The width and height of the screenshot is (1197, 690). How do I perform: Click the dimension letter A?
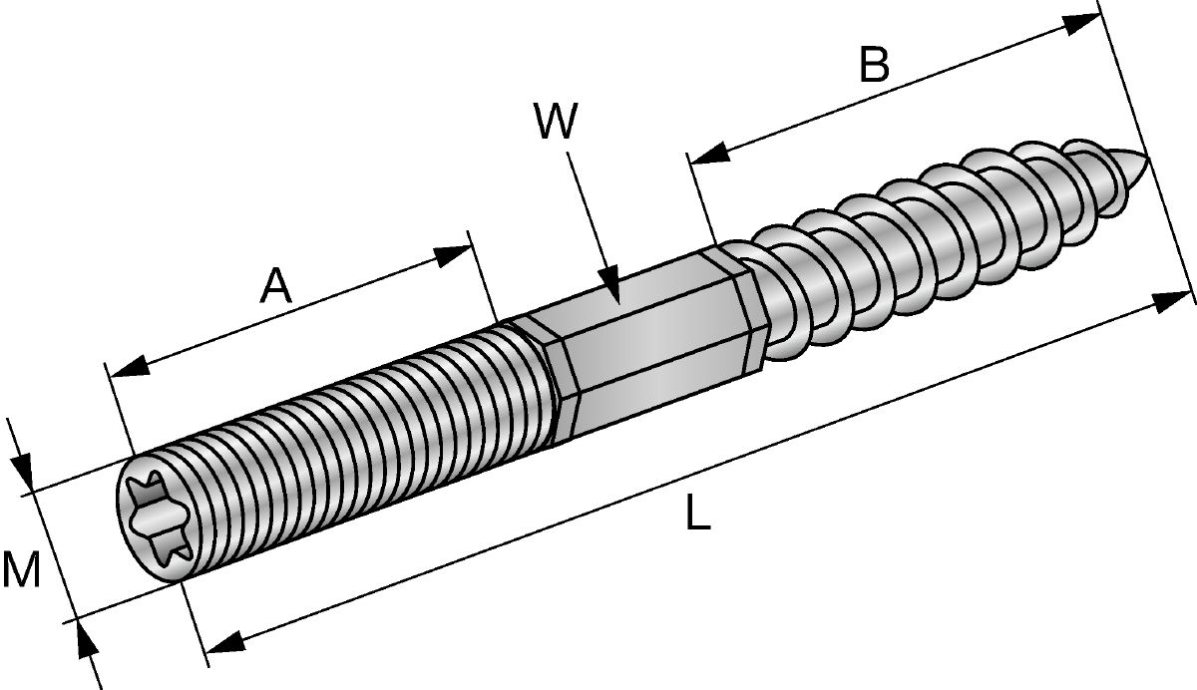(x=275, y=286)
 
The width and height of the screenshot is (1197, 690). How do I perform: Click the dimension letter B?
(x=874, y=65)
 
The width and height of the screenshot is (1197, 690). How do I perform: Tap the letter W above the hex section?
(x=556, y=121)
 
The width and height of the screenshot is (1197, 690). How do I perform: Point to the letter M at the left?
(x=21, y=569)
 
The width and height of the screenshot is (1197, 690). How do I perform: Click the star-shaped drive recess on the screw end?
(x=158, y=518)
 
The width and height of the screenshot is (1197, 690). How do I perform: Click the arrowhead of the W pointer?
(x=609, y=283)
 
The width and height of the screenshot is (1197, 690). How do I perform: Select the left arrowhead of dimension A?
(x=130, y=366)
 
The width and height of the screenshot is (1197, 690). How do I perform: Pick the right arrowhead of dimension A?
(x=452, y=255)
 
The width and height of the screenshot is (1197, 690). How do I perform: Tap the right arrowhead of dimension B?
(x=1079, y=25)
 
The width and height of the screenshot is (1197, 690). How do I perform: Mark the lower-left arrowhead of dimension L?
(x=225, y=642)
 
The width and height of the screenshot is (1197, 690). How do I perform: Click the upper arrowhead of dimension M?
(x=22, y=471)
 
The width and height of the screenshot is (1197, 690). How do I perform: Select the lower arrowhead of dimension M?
(x=87, y=639)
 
